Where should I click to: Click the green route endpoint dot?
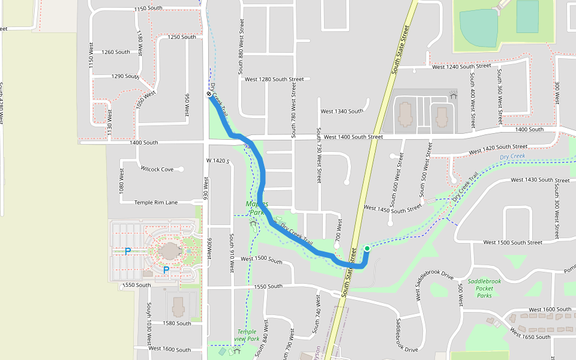tap(367, 248)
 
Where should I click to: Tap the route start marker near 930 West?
tap(209, 95)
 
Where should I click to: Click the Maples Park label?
tap(257, 208)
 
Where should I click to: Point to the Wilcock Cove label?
tap(157, 170)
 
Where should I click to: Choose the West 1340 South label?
tap(341, 111)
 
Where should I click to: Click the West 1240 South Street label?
tap(463, 67)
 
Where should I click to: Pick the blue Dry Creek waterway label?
tap(512, 157)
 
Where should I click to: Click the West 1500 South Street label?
tap(512, 242)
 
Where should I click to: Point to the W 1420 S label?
tap(218, 161)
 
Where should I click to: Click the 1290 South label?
tap(125, 77)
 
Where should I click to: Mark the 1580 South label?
tap(176, 323)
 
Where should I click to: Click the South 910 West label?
tap(231, 253)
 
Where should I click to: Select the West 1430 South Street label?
tap(540, 180)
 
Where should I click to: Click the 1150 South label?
tap(148, 8)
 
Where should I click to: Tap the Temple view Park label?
tap(247, 335)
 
